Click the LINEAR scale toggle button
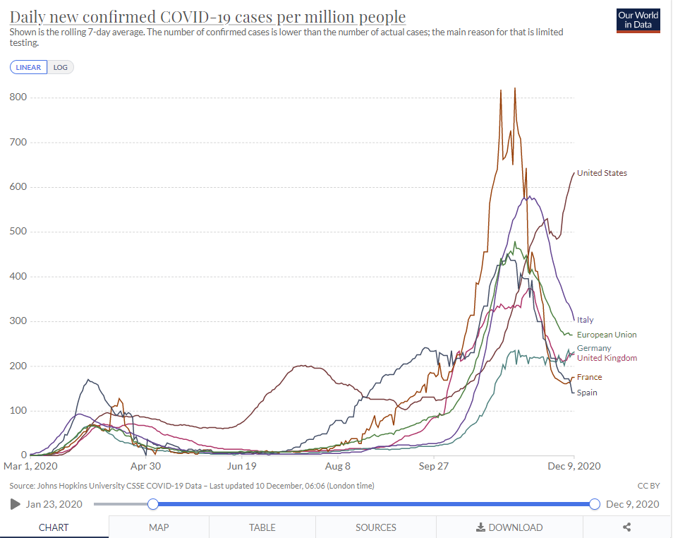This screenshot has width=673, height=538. [x=29, y=67]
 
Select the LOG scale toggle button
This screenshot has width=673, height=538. [x=61, y=67]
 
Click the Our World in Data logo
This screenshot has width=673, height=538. [x=638, y=20]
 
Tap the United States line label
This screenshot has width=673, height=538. [x=602, y=173]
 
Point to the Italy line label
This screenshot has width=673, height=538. [x=586, y=320]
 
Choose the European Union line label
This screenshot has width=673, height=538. [x=607, y=335]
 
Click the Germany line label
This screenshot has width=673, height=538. [x=594, y=348]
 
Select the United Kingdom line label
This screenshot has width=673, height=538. [x=607, y=358]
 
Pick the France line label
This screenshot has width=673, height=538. [x=589, y=377]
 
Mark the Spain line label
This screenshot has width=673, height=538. [x=587, y=393]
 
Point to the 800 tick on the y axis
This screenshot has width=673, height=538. [x=18, y=97]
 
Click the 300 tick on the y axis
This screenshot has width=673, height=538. [x=18, y=321]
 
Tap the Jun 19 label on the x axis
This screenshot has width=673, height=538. [x=241, y=466]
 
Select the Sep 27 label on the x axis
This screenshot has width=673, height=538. [x=434, y=466]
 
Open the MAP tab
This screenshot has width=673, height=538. [x=159, y=527]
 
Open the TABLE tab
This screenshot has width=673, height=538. [x=262, y=527]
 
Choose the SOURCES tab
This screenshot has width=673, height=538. [x=375, y=527]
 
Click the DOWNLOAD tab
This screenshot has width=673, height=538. [x=509, y=527]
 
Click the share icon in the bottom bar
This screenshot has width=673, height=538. [x=626, y=527]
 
